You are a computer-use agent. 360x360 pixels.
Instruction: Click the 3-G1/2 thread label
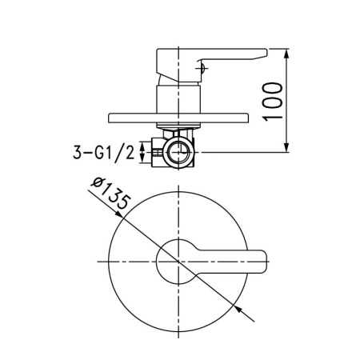pyautogui.click(x=104, y=151)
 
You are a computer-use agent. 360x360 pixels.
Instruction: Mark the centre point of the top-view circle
pyautogui.click(x=176, y=261)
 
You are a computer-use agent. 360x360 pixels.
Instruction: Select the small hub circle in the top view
pyautogui.click(x=176, y=261)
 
